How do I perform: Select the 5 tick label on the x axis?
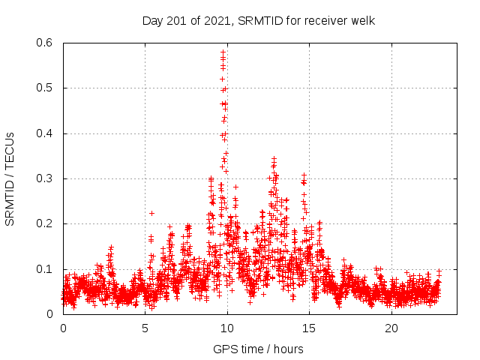(x=145, y=328)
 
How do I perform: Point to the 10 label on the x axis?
(x=227, y=328)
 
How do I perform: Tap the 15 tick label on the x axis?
(x=309, y=328)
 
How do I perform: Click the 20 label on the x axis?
(x=391, y=328)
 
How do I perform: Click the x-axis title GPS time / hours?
(x=258, y=349)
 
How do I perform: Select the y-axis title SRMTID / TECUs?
(x=10, y=178)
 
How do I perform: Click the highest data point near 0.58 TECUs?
(x=223, y=52)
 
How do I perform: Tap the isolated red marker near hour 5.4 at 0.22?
(x=151, y=213)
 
